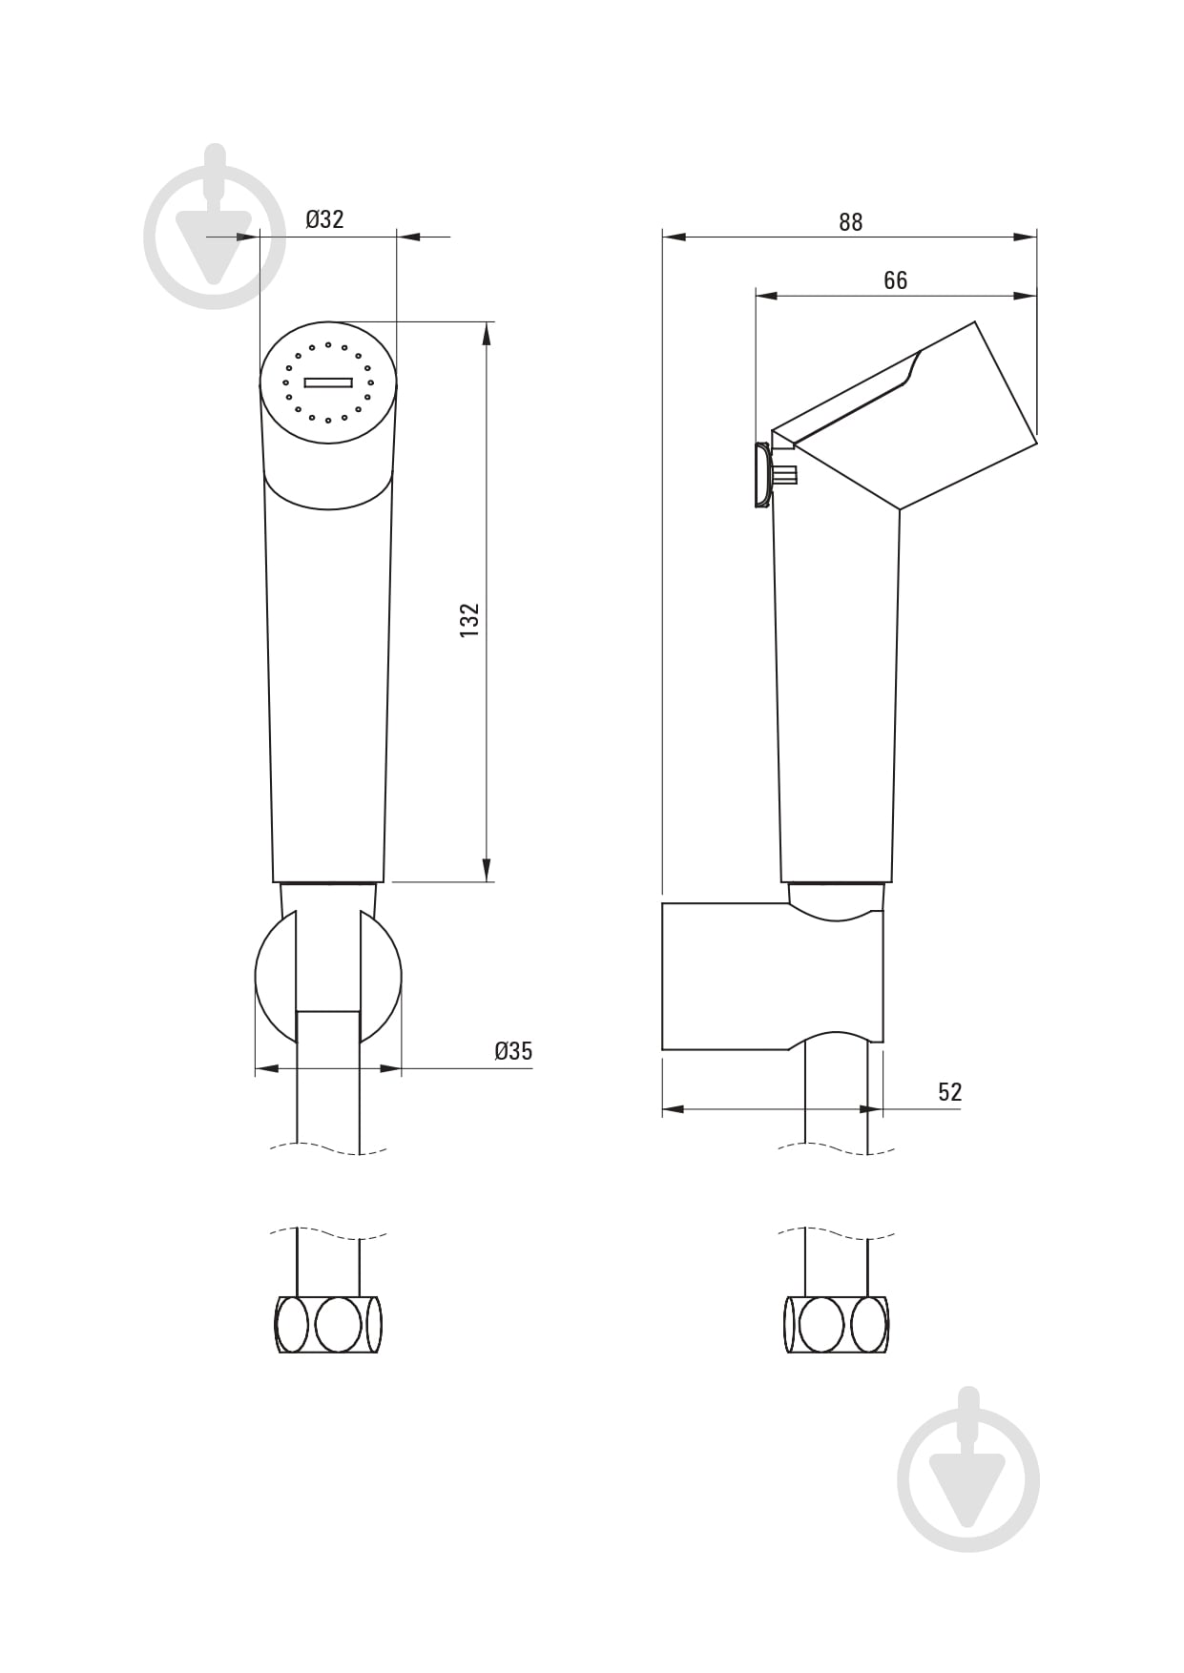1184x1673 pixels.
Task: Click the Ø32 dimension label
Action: [324, 219]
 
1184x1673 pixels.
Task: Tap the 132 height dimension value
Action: [469, 620]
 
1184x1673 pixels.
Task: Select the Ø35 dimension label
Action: [513, 1051]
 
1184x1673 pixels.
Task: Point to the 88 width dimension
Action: [850, 222]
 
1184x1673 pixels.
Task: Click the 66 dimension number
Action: [895, 280]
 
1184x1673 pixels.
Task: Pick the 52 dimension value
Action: [949, 1092]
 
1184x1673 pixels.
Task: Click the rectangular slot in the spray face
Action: [328, 382]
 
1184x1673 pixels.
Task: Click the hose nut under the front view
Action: [328, 1324]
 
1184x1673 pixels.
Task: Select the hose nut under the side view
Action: [837, 1324]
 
